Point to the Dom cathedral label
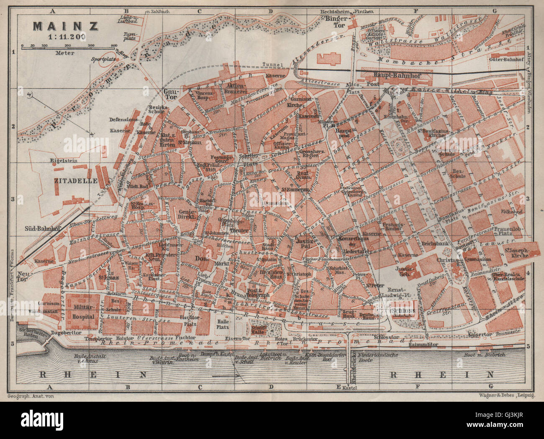202,259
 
